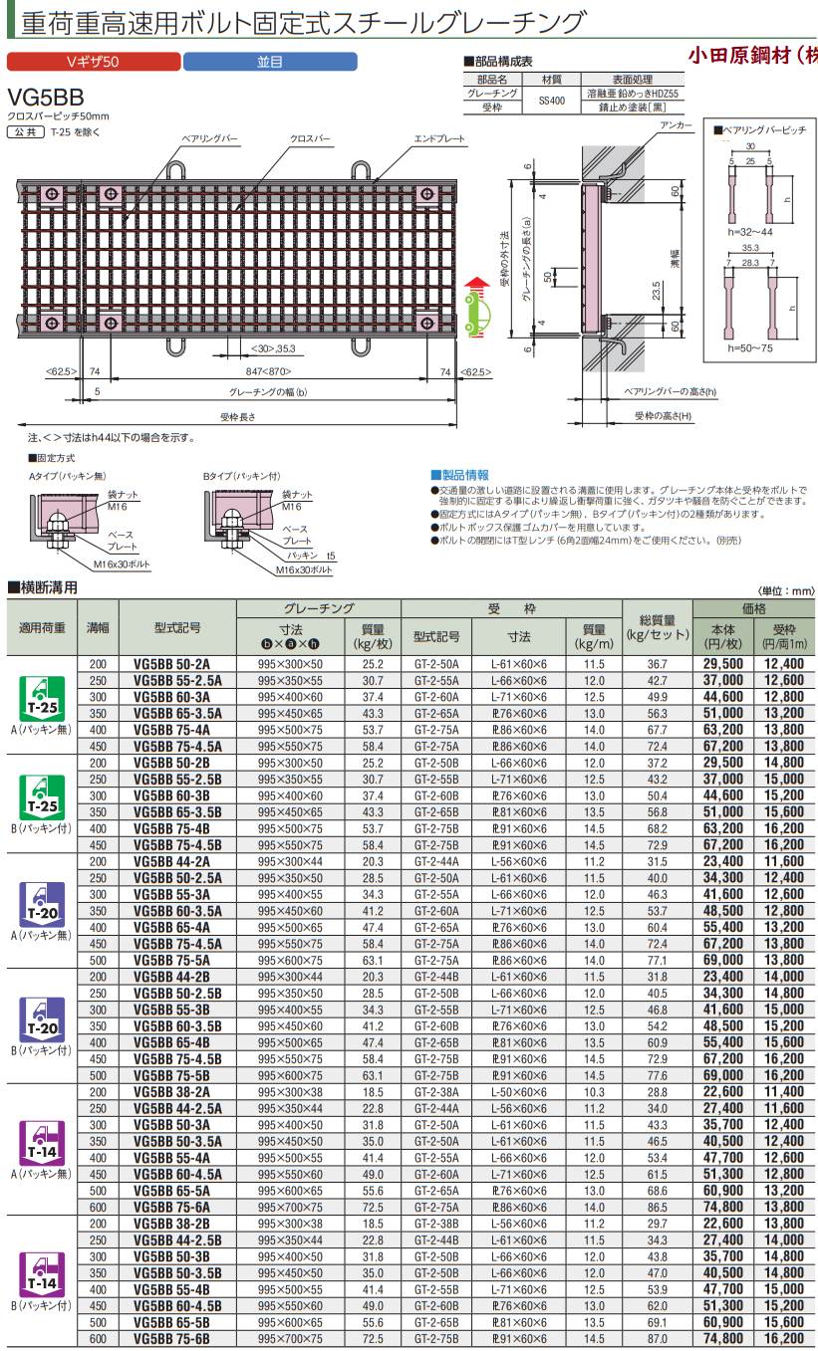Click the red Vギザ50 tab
92,62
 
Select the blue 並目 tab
269,62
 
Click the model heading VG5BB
46,98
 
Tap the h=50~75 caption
748,346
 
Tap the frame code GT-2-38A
436,1092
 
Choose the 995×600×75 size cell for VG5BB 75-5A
290,961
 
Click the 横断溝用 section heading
45,587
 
